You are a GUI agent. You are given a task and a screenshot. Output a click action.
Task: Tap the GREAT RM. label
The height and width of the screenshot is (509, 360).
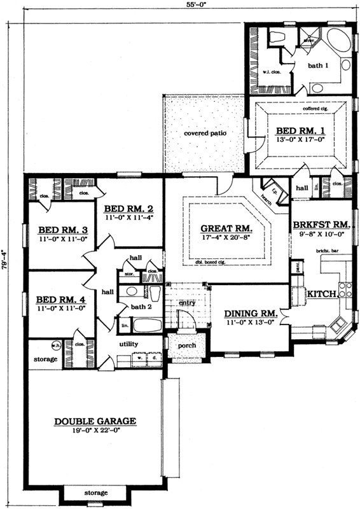226,228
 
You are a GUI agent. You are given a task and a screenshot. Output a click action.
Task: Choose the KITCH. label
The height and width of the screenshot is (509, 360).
321,294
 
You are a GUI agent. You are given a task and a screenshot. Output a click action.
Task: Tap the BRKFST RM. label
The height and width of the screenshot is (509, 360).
321,225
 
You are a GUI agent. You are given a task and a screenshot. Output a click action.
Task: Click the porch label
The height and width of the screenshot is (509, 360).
186,345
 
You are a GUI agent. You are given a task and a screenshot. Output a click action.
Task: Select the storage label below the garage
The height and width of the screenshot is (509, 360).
96,493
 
